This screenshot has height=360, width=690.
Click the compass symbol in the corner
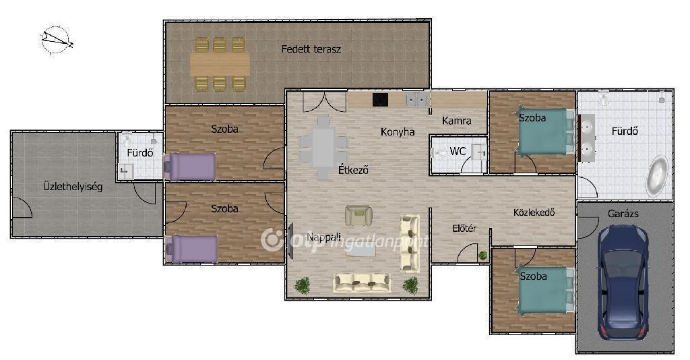point(56,40)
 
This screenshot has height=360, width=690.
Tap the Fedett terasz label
point(311,49)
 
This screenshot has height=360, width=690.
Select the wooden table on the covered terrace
point(220,64)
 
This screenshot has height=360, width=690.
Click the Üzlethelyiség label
point(73,187)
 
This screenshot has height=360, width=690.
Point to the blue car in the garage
point(623,282)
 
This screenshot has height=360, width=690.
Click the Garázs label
point(623,214)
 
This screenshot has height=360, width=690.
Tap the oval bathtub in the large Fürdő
point(656,176)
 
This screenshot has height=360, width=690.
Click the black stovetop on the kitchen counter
point(380,100)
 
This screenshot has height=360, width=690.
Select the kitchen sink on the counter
point(416,100)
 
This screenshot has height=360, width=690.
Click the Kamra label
point(457,121)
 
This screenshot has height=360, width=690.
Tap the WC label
point(458,152)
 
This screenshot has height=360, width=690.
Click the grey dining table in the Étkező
point(323,148)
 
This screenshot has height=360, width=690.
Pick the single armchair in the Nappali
point(358,215)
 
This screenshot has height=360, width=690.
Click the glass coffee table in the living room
point(361,249)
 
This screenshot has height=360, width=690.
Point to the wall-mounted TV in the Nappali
point(290,241)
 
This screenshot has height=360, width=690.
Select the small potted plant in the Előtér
point(483,255)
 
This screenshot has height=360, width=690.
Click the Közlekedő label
point(534,212)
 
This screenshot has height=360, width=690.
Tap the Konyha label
point(398,131)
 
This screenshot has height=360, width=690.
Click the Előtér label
point(464,229)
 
